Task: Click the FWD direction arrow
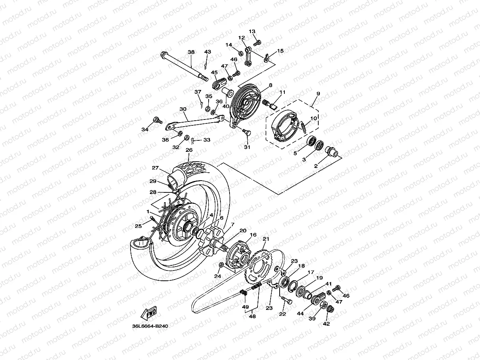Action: click(149, 314)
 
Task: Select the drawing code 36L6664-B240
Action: click(151, 326)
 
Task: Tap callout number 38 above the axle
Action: click(191, 52)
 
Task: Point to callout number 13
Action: click(252, 32)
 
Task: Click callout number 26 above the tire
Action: click(189, 150)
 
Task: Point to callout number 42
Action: click(326, 324)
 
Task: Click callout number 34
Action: click(145, 129)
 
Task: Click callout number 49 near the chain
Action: click(245, 307)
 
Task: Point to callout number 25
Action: click(138, 226)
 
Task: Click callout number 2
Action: click(316, 166)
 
